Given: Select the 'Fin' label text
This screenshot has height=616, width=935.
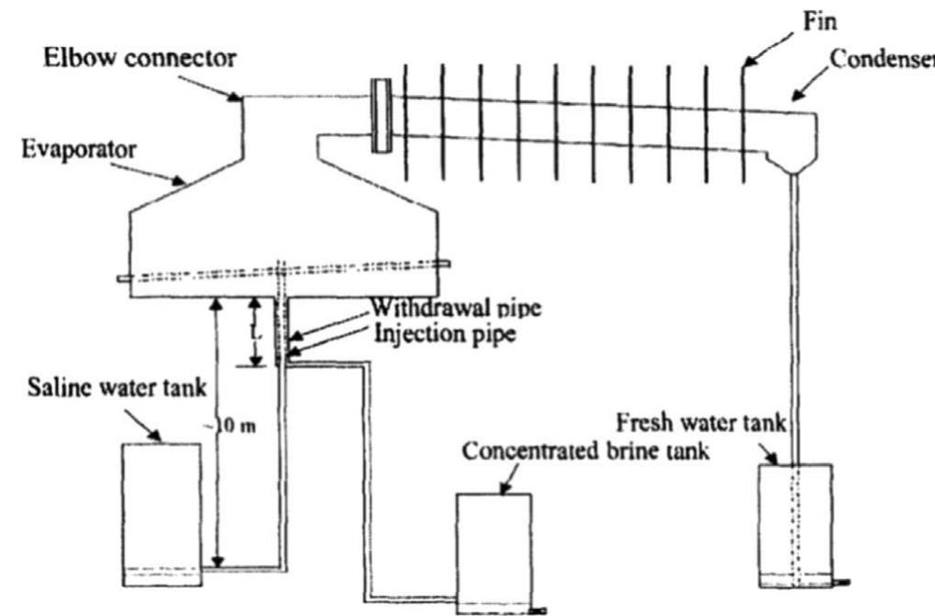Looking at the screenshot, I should pyautogui.click(x=818, y=19).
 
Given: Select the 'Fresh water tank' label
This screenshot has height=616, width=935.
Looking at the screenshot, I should pyautogui.click(x=701, y=425).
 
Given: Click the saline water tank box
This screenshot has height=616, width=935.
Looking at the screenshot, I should pyautogui.click(x=161, y=511).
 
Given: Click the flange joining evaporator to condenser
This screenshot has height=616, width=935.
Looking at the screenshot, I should pyautogui.click(x=380, y=116).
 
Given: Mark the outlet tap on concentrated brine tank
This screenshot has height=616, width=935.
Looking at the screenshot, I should pyautogui.click(x=539, y=609).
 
